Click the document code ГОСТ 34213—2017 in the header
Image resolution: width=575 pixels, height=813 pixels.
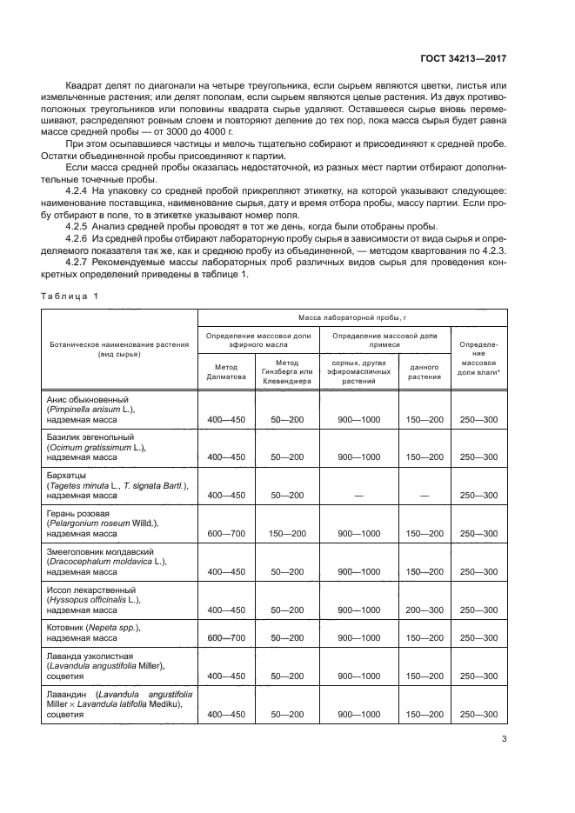[460, 58]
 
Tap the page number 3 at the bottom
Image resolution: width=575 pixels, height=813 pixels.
[505, 741]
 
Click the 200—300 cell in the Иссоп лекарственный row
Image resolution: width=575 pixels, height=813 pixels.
[425, 611]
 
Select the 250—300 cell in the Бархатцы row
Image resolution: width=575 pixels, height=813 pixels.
[478, 495]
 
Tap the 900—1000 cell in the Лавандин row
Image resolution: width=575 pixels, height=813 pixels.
[358, 714]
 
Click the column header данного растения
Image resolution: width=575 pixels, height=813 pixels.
[425, 371]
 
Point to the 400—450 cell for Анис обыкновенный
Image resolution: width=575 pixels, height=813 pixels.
[225, 419]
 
